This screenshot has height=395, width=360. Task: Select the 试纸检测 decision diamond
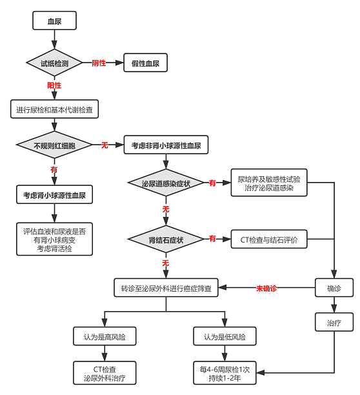(54, 63)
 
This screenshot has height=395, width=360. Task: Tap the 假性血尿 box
(145, 63)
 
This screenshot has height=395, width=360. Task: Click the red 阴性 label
(99, 63)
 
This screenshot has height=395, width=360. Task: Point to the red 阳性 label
(54, 86)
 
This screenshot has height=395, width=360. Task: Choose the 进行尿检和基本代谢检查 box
(54, 110)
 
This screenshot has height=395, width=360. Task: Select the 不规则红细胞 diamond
(54, 146)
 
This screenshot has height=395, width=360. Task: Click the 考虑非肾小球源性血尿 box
(166, 146)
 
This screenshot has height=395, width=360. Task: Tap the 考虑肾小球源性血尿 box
(54, 194)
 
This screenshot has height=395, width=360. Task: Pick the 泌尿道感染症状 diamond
(166, 184)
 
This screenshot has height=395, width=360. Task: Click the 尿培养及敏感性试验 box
(268, 183)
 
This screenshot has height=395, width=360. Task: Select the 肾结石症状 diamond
(166, 239)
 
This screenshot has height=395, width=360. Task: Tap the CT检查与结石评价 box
(268, 239)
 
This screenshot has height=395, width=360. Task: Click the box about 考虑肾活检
(54, 239)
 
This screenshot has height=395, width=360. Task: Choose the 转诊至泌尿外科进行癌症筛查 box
(166, 289)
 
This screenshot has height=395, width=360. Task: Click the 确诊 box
(334, 289)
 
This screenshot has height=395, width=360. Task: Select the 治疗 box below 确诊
(334, 322)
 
